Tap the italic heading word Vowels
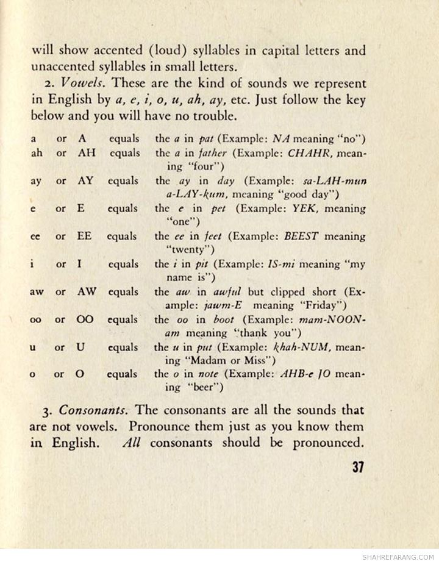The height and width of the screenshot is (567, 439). click(80, 83)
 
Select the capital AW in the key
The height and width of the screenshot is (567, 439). click(87, 291)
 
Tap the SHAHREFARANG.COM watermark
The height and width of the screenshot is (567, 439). click(398, 557)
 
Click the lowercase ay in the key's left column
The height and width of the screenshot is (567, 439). click(36, 181)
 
